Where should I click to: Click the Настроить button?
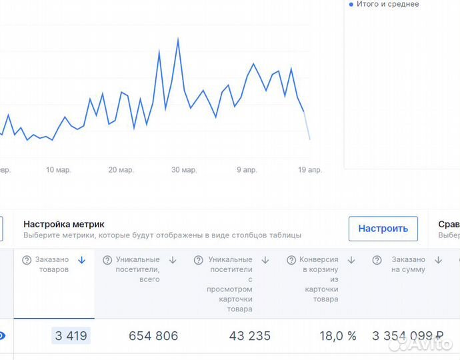click(x=383, y=228)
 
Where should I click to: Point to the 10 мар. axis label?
click(x=58, y=170)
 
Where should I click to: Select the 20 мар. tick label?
click(x=121, y=170)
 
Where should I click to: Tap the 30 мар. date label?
click(x=184, y=170)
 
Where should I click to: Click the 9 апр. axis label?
click(x=247, y=170)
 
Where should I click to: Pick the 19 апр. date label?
click(x=310, y=170)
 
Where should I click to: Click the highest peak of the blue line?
click(x=178, y=39)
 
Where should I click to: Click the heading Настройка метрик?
click(x=64, y=225)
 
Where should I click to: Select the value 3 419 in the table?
click(x=71, y=336)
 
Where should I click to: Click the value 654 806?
click(x=153, y=336)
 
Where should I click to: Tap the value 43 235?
click(x=250, y=336)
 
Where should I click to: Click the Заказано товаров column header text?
click(x=51, y=265)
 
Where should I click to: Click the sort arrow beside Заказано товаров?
click(x=82, y=260)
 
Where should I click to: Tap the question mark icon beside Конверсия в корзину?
click(x=291, y=260)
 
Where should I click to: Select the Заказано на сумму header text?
click(x=408, y=265)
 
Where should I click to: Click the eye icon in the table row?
click(x=2, y=336)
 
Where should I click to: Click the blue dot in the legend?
click(x=351, y=5)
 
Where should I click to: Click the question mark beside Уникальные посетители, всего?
click(x=107, y=260)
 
